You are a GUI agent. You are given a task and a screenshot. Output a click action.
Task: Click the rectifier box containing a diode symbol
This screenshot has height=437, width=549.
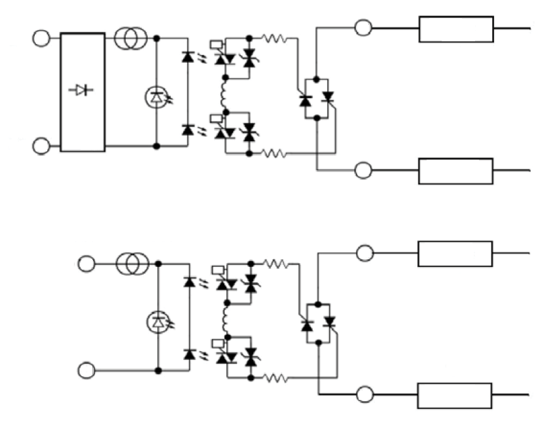(82, 92)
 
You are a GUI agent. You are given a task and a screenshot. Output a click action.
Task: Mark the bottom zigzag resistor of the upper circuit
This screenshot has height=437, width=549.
(273, 154)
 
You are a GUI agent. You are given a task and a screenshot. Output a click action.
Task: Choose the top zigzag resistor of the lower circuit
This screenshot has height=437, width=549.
(274, 264)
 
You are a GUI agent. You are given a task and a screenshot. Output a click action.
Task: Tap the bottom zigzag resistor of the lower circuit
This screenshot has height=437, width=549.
(274, 377)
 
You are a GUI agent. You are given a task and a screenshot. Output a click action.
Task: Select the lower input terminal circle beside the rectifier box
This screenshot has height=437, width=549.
(41, 146)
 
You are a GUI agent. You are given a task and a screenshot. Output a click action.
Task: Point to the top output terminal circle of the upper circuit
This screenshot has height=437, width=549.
(363, 27)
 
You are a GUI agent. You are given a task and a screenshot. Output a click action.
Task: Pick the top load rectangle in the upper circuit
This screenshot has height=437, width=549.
(456, 29)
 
